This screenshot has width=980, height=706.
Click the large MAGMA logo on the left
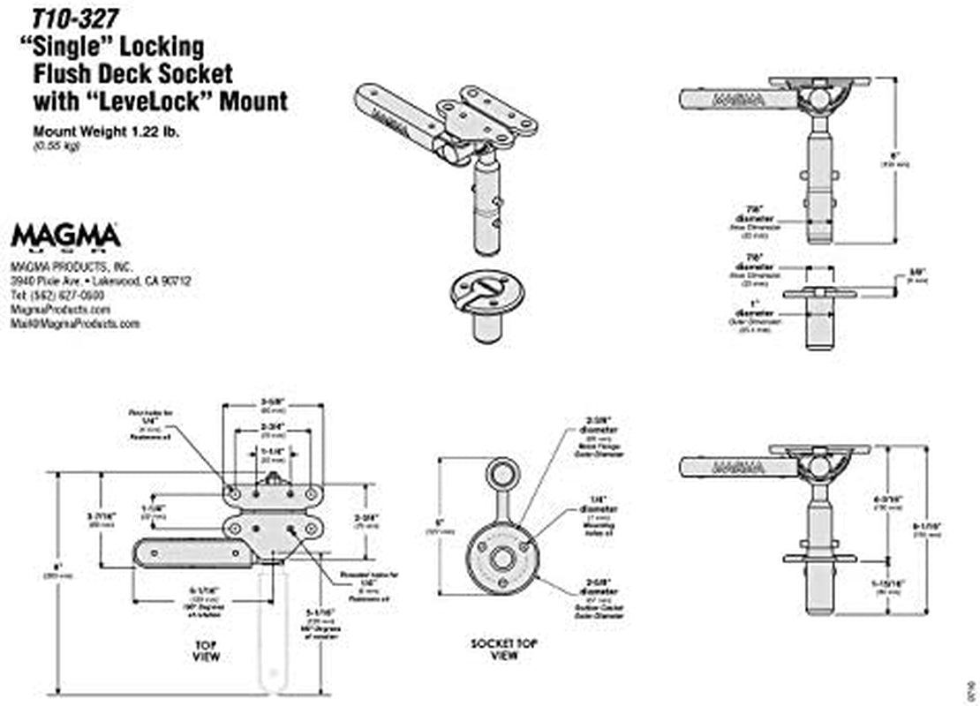[66, 237]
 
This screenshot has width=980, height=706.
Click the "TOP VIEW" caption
[205, 651]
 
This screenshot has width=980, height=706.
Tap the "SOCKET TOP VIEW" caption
[503, 650]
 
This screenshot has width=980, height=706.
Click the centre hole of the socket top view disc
[503, 559]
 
